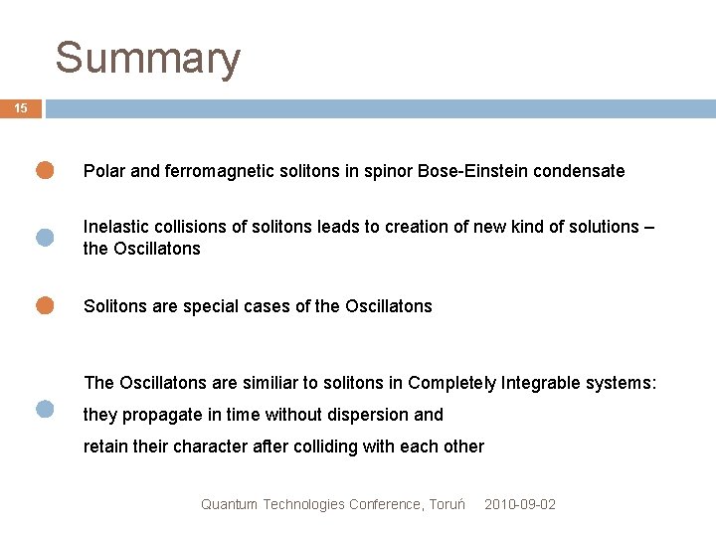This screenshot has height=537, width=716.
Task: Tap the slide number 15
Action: point(21,108)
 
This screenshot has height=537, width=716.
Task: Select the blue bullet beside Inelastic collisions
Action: point(45,237)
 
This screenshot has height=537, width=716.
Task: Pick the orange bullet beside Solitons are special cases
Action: point(45,305)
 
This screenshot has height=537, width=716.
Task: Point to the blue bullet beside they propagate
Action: point(45,408)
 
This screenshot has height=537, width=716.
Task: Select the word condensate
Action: point(580,171)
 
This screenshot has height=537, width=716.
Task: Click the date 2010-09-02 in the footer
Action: point(520,504)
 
